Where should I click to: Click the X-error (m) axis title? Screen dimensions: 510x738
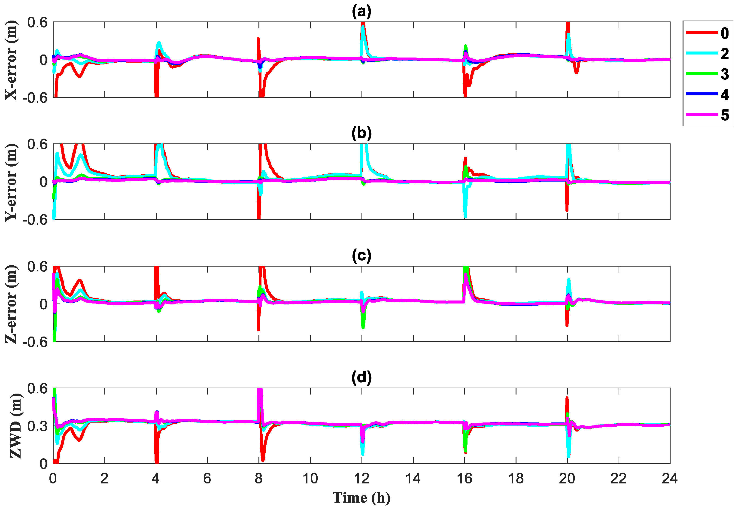11,60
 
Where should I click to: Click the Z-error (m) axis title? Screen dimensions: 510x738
11,304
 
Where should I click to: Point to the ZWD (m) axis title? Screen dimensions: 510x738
15,426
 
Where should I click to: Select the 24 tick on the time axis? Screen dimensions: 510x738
670,478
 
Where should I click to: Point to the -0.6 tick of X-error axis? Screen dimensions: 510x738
34,97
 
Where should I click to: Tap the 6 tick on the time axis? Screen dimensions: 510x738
207,478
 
